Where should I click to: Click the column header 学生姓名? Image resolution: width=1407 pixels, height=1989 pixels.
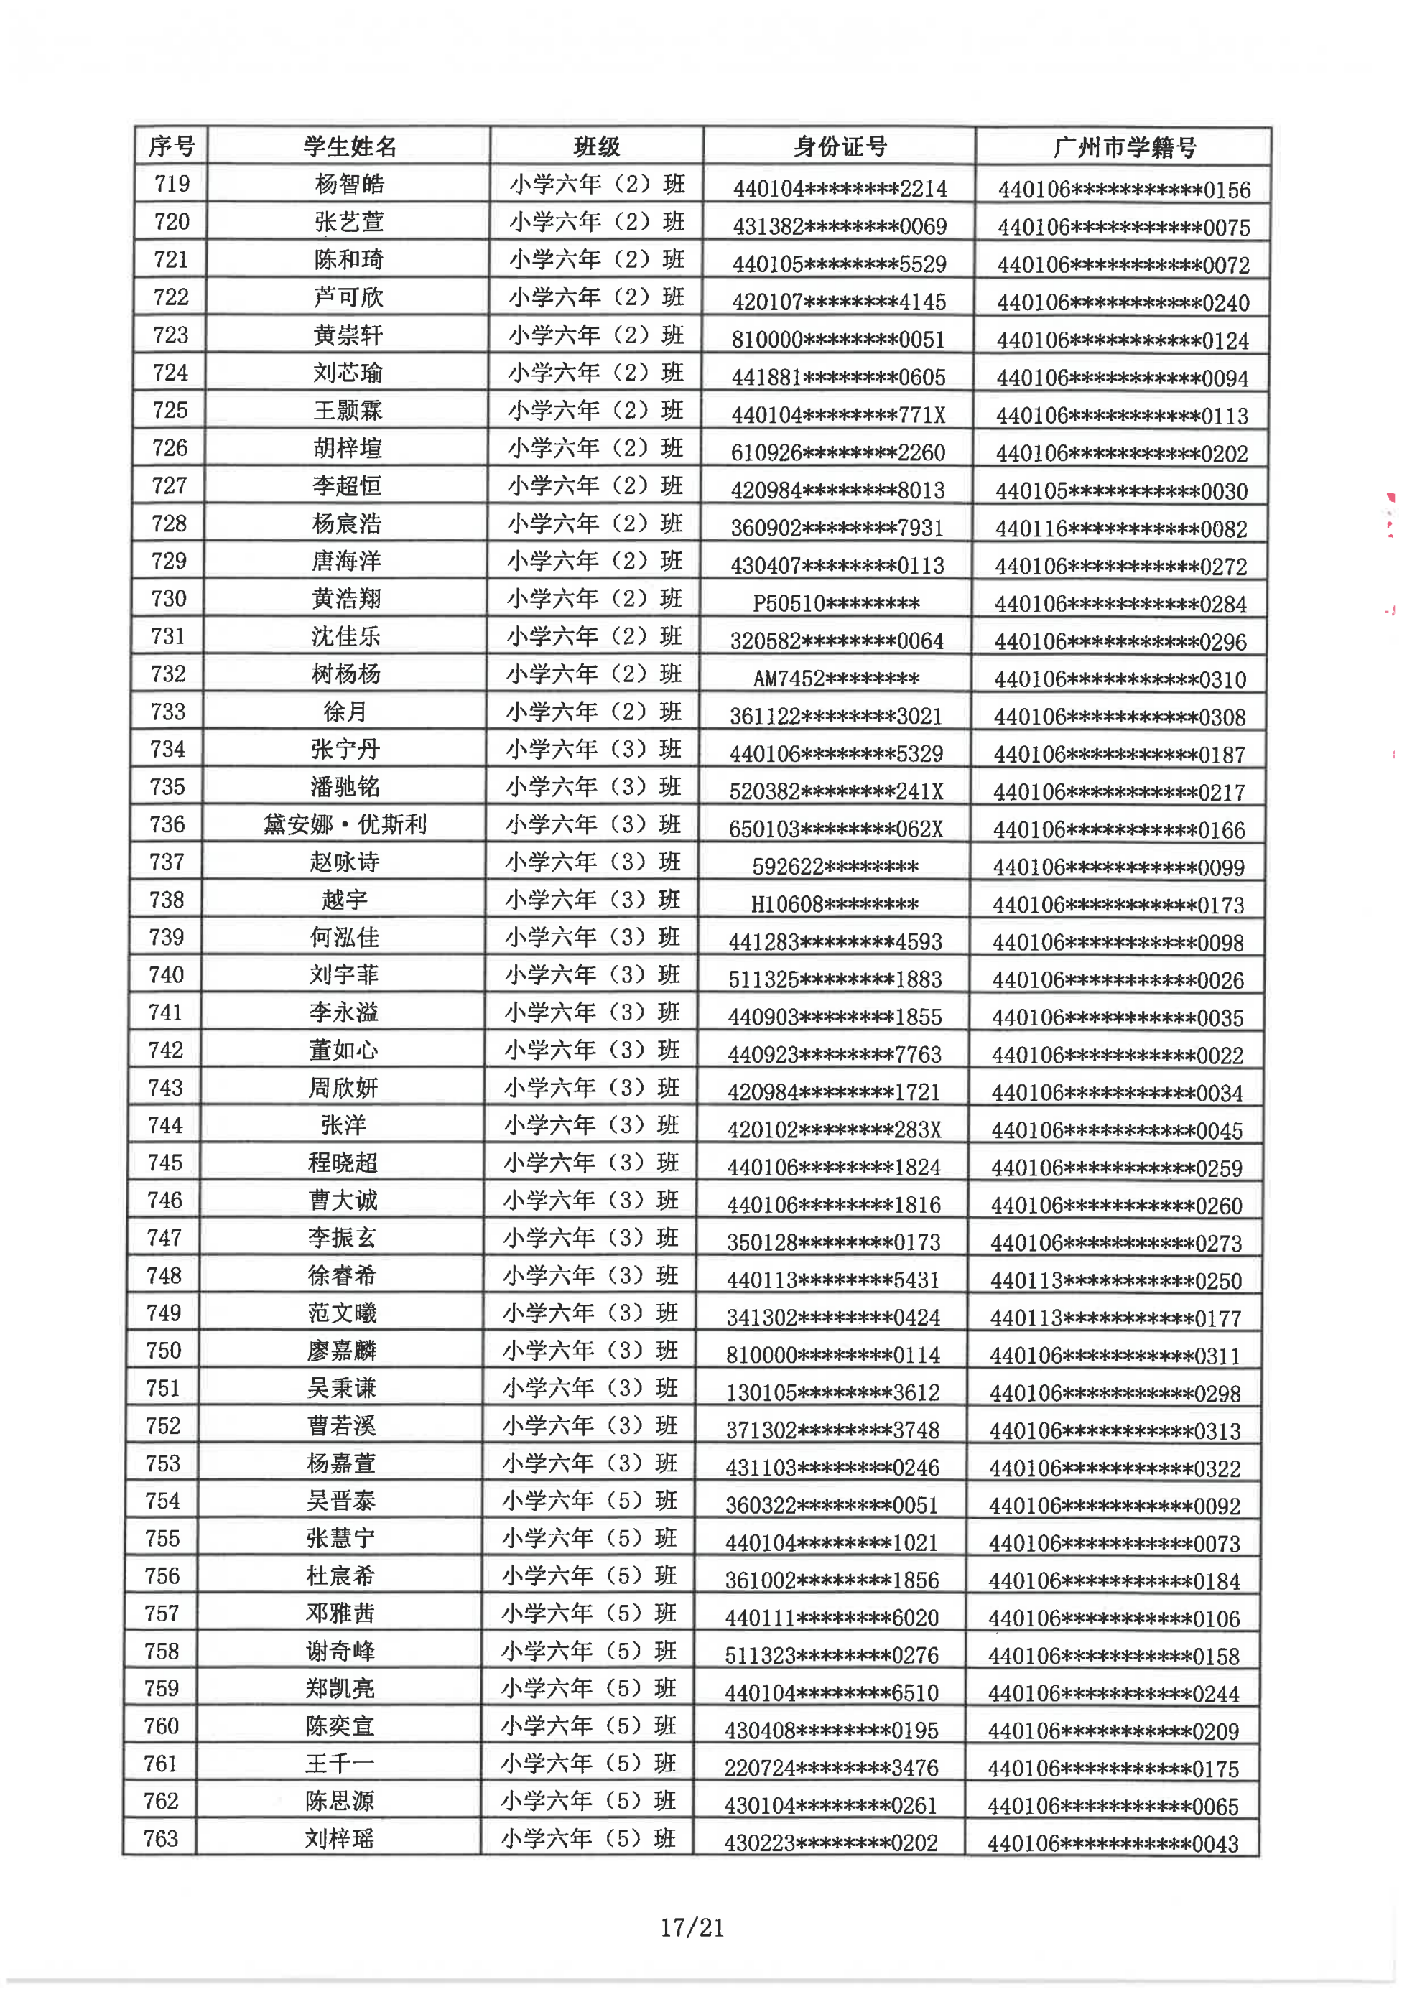(x=349, y=146)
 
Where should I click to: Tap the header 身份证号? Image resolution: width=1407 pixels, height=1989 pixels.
(x=840, y=146)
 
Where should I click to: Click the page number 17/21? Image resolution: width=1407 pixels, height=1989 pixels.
(x=692, y=1927)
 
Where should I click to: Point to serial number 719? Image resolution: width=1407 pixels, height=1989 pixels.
(x=172, y=184)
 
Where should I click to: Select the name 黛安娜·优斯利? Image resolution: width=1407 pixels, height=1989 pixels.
(x=345, y=824)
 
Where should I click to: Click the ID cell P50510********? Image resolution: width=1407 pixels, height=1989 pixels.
(x=836, y=603)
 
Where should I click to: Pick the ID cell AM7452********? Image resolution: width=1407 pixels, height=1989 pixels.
(x=836, y=679)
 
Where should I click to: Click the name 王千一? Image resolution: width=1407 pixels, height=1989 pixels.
(x=340, y=1764)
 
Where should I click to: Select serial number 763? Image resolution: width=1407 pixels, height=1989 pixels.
(x=161, y=1838)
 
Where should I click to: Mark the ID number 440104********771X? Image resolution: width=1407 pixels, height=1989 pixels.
(x=837, y=415)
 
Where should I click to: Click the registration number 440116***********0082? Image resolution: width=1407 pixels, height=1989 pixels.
(x=1121, y=528)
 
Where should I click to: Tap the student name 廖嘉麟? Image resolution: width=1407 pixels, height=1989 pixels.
(x=341, y=1351)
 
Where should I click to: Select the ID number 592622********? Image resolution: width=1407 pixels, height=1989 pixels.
(x=835, y=866)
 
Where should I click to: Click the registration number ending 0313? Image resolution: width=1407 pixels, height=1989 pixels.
(x=1115, y=1431)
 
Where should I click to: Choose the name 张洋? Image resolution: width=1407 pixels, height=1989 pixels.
(x=343, y=1125)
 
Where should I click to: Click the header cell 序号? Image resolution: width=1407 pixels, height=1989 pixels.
(x=172, y=146)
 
